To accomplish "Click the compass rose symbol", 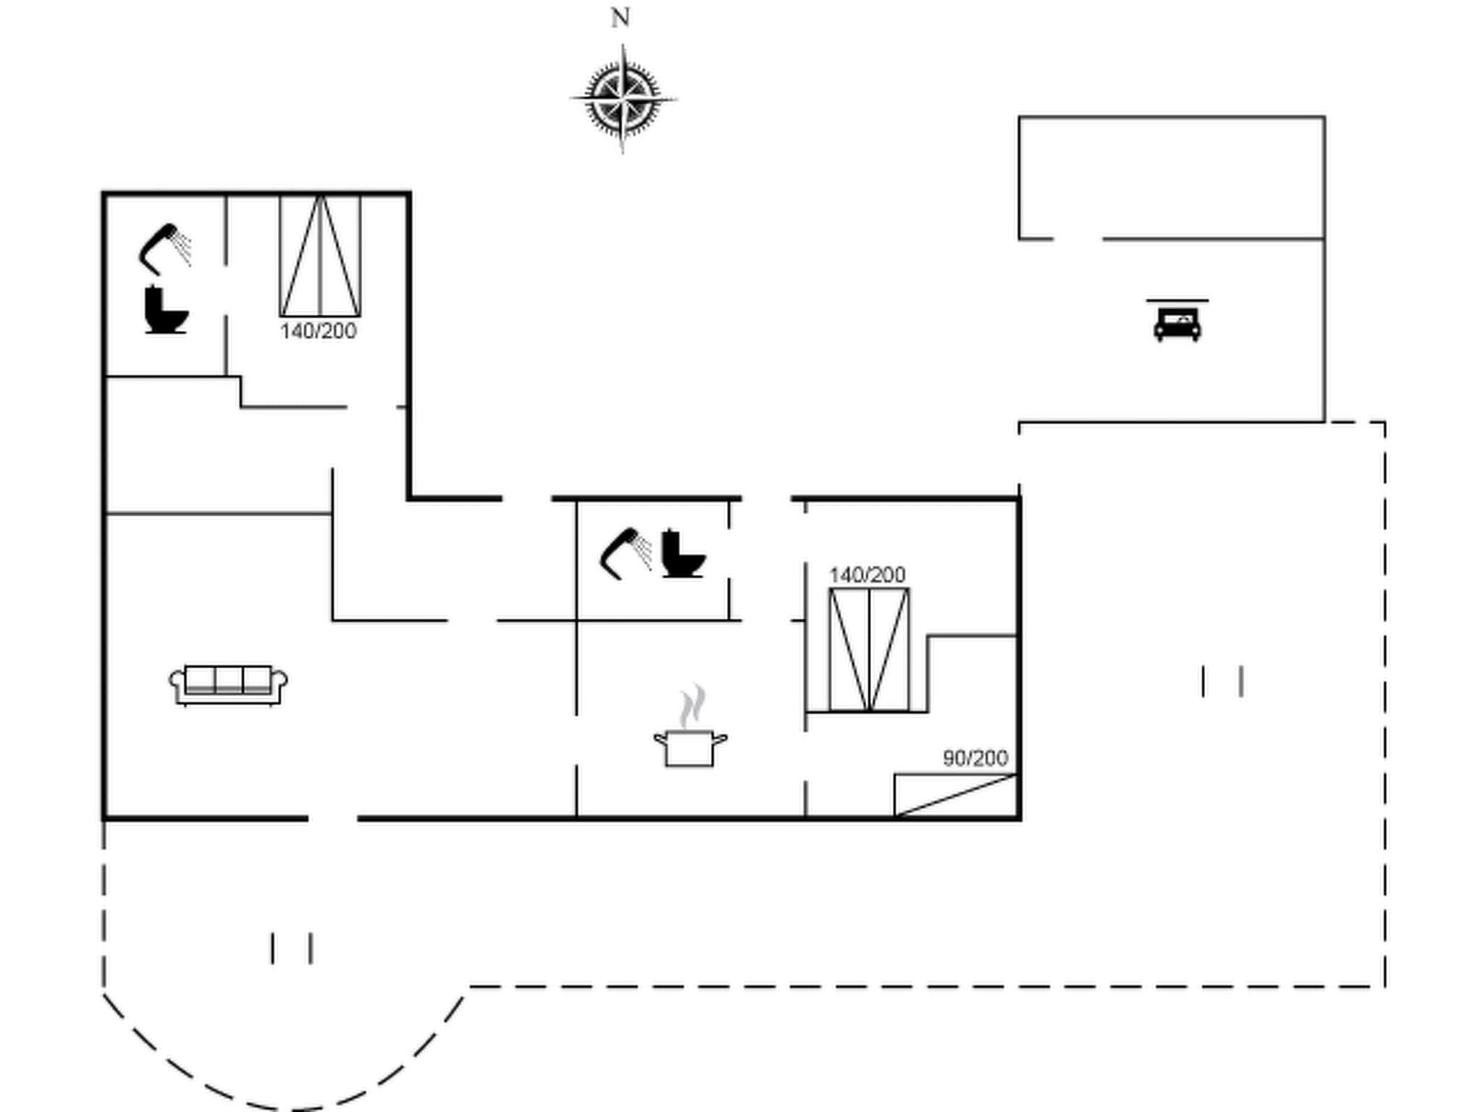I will pyautogui.click(x=623, y=99).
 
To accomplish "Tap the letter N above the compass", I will pyautogui.click(x=620, y=18).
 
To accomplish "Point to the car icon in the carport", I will pyautogui.click(x=1177, y=323).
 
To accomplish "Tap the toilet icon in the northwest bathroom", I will pyautogui.click(x=166, y=311).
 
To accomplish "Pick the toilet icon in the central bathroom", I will pyautogui.click(x=683, y=554).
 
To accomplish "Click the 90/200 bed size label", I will pyautogui.click(x=975, y=758).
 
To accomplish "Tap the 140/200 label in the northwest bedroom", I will pyautogui.click(x=318, y=332).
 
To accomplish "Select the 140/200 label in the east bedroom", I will pyautogui.click(x=867, y=575).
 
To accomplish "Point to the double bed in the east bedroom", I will pyautogui.click(x=869, y=650).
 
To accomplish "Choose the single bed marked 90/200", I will pyautogui.click(x=956, y=795).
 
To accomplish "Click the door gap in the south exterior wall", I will pyautogui.click(x=333, y=818).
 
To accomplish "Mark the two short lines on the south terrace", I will pyautogui.click(x=292, y=948).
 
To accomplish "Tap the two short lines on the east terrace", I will pyautogui.click(x=1222, y=682).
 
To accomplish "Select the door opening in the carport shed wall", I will pyautogui.click(x=1077, y=238).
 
